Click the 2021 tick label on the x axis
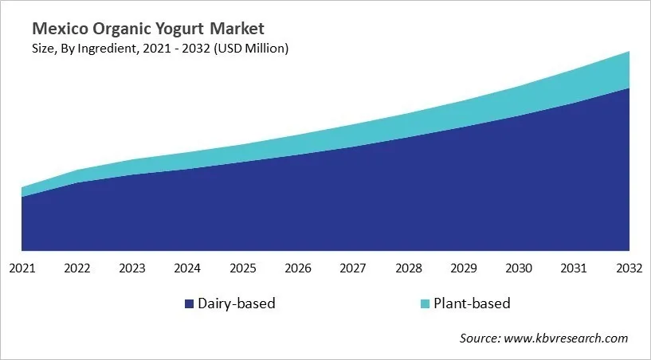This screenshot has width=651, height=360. (x=22, y=268)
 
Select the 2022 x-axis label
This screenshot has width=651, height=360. (x=77, y=268)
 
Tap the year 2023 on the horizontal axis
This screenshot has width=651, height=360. (x=132, y=268)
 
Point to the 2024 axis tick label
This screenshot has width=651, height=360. (x=188, y=268)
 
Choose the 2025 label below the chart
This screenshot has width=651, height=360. (x=243, y=268)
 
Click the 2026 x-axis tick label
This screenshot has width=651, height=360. (x=298, y=268)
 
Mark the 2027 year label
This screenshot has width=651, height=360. (x=354, y=268)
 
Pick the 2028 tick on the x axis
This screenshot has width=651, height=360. (x=409, y=268)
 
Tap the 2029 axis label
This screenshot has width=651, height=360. (x=464, y=268)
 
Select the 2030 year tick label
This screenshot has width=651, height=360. (x=520, y=268)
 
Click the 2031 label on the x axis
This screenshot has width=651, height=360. (x=575, y=268)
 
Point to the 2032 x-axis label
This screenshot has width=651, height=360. (x=629, y=268)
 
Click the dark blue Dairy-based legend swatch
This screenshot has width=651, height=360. (x=189, y=303)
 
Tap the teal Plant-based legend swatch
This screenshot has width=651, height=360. (x=424, y=303)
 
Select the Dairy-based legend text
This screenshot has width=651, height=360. (x=236, y=303)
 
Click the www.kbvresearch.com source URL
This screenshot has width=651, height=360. (x=567, y=338)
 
